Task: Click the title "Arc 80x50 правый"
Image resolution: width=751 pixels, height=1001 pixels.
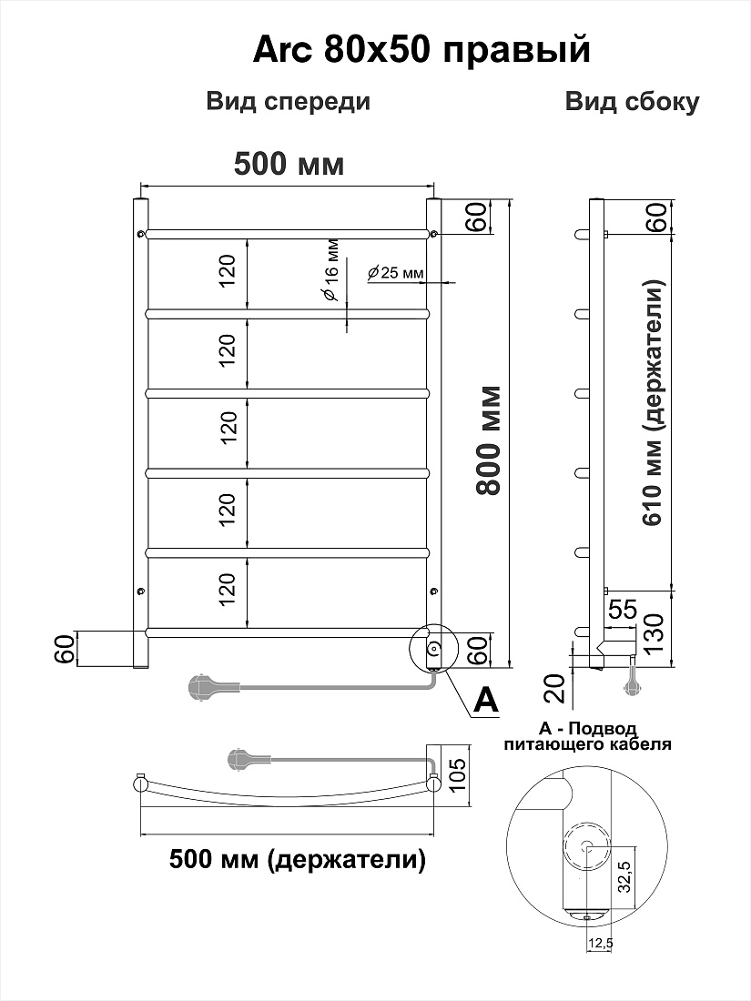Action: (421, 51)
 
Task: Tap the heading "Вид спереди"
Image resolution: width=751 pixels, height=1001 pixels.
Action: (288, 102)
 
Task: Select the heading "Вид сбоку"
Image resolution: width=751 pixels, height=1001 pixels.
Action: (632, 102)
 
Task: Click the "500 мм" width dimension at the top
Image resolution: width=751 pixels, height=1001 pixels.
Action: (289, 164)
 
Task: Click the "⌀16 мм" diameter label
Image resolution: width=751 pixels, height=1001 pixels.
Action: (330, 270)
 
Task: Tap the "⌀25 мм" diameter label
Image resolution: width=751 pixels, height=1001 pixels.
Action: (396, 273)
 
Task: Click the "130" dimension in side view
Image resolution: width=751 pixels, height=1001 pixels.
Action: (658, 630)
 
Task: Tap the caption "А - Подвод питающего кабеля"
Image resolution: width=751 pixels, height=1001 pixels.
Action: (587, 736)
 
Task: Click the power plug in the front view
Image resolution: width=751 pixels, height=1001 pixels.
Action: (203, 688)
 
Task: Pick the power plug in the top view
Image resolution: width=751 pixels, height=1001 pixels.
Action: (244, 758)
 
